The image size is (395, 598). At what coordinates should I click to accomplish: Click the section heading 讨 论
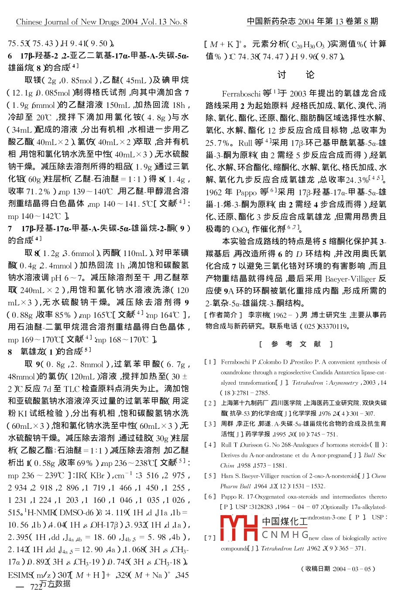(x=296, y=75)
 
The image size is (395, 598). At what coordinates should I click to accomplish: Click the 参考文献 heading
(x=296, y=344)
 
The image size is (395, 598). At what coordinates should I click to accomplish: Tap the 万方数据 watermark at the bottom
(x=55, y=584)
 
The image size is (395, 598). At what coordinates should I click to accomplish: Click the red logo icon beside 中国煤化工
(x=239, y=527)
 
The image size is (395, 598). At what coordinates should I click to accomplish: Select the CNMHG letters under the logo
(x=285, y=534)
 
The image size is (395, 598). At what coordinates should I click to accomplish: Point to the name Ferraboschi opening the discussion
(x=241, y=93)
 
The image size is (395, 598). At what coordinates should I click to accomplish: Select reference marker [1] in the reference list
(x=210, y=362)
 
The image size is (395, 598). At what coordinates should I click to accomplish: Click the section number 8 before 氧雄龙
(x=10, y=352)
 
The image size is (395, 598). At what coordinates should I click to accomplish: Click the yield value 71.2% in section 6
(x=38, y=191)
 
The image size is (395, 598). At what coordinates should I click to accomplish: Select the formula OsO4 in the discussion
(x=241, y=229)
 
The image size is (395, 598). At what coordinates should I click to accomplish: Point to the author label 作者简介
(x=223, y=314)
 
